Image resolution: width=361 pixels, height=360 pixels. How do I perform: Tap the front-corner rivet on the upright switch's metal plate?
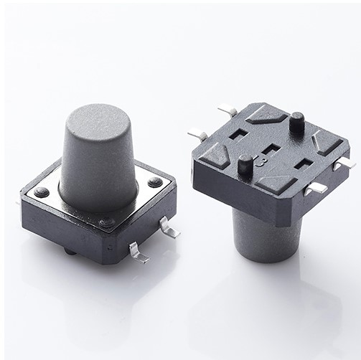coord(107,222)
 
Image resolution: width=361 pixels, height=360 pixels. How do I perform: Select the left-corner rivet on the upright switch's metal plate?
coord(42,192)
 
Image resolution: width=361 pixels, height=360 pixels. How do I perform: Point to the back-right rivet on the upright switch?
coord(155,182)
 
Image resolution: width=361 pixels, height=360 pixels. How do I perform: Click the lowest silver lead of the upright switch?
coord(139,252)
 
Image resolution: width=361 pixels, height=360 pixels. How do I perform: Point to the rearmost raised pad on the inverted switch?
coord(266,114)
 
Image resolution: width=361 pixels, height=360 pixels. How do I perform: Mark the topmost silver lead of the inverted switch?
coord(228,110)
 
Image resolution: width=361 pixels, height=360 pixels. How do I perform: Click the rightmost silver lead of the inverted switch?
coord(344,164)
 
